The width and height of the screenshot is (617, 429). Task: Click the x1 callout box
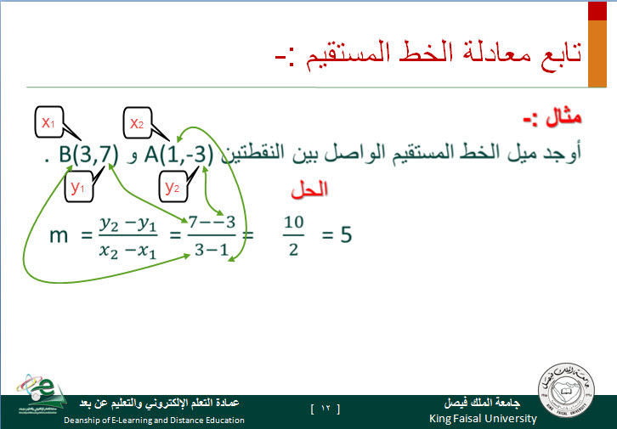tap(48, 121)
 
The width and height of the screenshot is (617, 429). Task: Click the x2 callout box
tap(138, 122)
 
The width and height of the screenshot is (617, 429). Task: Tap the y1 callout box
tap(79, 187)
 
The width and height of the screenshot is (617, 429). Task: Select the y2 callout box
tap(173, 187)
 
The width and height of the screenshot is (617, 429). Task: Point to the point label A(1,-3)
tap(178, 154)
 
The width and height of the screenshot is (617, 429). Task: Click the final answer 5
tap(346, 234)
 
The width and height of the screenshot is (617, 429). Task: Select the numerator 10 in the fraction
tap(293, 223)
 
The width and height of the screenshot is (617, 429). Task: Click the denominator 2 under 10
tap(293, 249)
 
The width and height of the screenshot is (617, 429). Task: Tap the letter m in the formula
tap(59, 236)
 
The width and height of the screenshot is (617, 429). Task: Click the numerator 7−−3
tap(212, 223)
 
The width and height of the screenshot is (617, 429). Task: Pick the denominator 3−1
tap(212, 249)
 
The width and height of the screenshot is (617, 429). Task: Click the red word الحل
tap(309, 190)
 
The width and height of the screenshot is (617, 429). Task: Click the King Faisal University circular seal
tap(566, 391)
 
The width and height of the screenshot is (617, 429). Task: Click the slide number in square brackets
tap(325, 409)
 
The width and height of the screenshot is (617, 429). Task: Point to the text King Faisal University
tap(483, 419)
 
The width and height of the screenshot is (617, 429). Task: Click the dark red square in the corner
tap(597, 10)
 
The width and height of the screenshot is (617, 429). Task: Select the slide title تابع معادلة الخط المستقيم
tap(443, 54)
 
